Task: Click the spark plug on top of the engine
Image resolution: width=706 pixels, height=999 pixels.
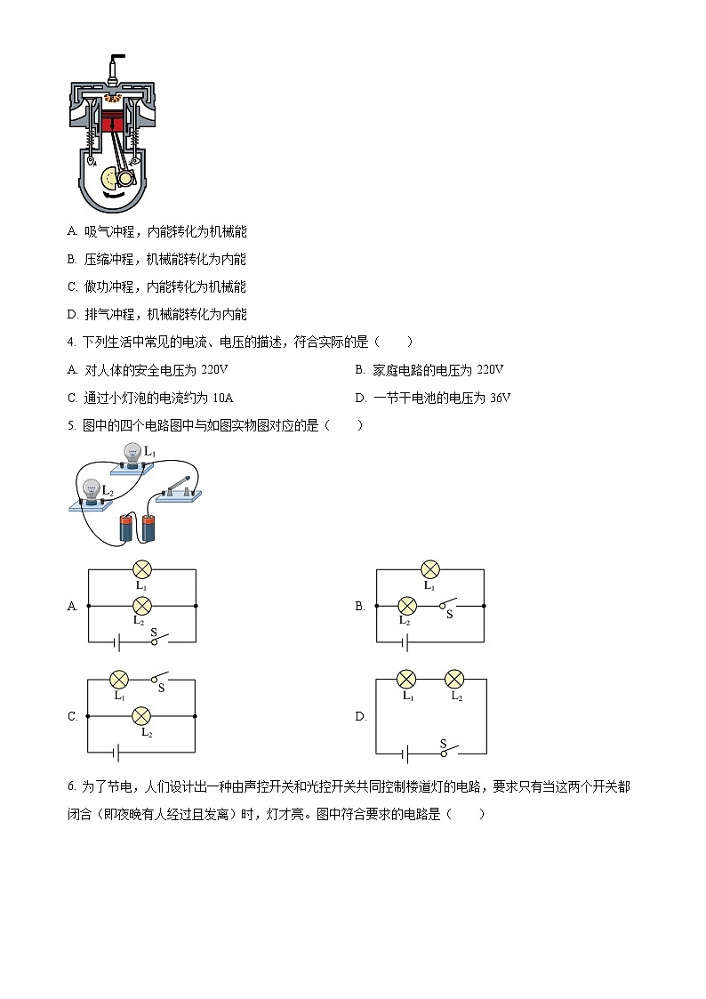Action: (x=113, y=68)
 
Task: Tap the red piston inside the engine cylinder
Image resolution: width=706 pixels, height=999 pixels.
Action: (x=112, y=123)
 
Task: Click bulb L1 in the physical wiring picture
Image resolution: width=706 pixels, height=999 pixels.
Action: (x=132, y=454)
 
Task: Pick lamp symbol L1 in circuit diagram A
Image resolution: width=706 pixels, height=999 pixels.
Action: (x=141, y=569)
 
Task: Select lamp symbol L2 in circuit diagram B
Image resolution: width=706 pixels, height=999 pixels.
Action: (x=407, y=606)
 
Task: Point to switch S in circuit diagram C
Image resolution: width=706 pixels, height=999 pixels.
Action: (x=160, y=679)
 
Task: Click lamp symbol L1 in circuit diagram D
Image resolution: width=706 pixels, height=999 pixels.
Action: (x=406, y=680)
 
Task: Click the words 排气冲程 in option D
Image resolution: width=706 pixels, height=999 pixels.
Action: (x=109, y=314)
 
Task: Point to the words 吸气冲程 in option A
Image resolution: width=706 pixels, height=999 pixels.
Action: (x=109, y=231)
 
